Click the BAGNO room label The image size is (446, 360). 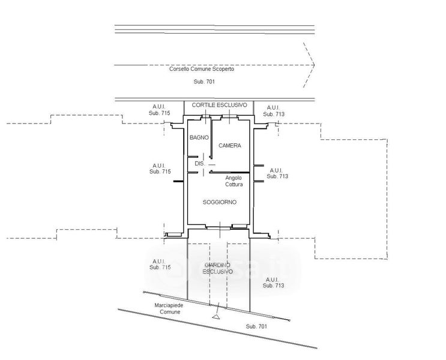pos(199,137)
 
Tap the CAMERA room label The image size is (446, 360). pos(229,146)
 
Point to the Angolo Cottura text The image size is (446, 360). pos(234,181)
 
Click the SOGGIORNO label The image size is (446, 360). pos(220,202)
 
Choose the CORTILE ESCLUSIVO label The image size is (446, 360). pos(219,105)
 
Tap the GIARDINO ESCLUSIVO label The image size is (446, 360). pos(218,268)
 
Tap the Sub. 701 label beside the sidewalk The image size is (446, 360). pos(256,326)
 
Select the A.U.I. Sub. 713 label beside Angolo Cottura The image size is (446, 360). pos(277,173)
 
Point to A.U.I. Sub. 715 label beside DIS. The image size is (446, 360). pos(159,169)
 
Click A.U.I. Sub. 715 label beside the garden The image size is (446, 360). pos(160,264)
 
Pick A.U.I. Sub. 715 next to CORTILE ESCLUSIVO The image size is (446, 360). pos(159,110)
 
